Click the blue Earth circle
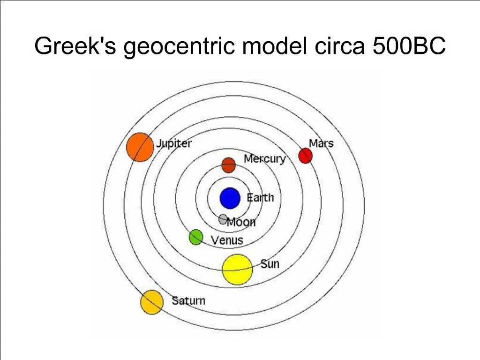230,198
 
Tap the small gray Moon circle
223,219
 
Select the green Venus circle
195,237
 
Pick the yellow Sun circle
237,270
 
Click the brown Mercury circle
228,165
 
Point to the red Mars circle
306,156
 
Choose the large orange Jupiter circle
140,147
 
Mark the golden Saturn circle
152,302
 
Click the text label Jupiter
174,143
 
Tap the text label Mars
321,143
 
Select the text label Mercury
264,159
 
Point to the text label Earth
260,197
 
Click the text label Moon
241,222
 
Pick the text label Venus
227,240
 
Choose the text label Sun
270,264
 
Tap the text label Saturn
188,300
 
